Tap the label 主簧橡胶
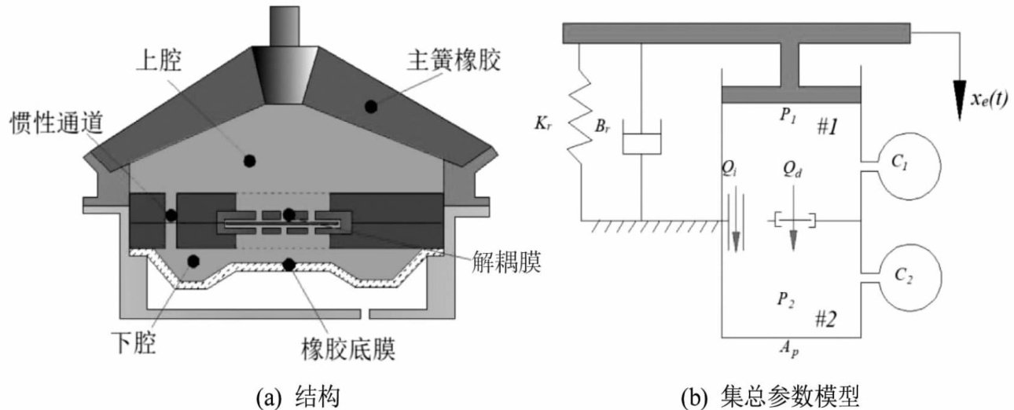[454, 60]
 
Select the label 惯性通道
[57, 123]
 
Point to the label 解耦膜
[506, 262]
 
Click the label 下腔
[134, 342]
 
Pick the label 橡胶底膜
[348, 349]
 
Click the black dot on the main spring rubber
[371, 107]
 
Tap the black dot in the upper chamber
[249, 161]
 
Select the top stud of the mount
[285, 26]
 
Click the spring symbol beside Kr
[580, 123]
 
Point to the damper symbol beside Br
[641, 137]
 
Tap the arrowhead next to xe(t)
[959, 100]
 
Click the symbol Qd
[792, 170]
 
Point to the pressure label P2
[786, 299]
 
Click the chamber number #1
[828, 127]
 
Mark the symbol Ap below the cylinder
[788, 349]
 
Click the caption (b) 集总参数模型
[770, 397]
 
